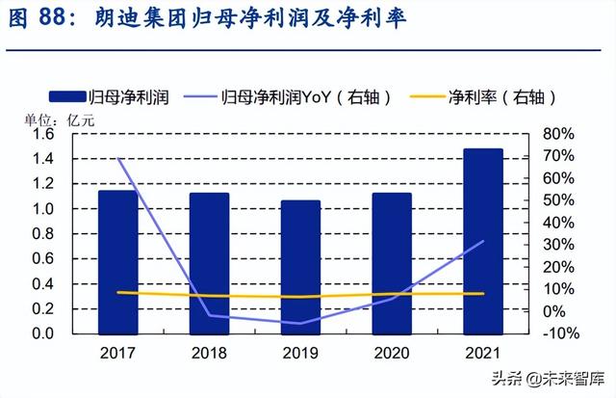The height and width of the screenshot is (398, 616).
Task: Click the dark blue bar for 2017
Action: pyautogui.click(x=117, y=261)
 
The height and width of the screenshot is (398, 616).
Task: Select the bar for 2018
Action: pyautogui.click(x=209, y=262)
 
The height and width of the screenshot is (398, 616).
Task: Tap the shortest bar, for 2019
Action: pyautogui.click(x=300, y=266)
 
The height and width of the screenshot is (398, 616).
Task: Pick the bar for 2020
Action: pyautogui.click(x=392, y=262)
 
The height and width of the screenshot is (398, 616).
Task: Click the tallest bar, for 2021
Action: pyautogui.click(x=483, y=240)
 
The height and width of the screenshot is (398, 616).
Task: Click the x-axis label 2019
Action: pyautogui.click(x=300, y=353)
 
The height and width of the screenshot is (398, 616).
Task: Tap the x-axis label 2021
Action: pyautogui.click(x=483, y=353)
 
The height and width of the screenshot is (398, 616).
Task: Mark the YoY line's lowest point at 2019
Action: pyautogui.click(x=300, y=323)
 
